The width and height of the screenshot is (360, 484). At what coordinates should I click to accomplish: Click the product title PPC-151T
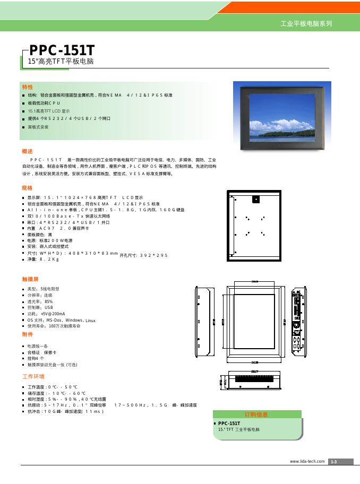(x=62, y=50)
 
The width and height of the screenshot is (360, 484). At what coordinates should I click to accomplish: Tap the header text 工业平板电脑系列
(x=305, y=24)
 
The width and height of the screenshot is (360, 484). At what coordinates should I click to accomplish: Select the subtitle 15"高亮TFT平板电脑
(x=61, y=62)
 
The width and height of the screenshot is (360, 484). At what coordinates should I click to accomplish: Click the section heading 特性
(x=27, y=87)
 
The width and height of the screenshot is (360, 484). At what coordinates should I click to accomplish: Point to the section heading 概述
(x=27, y=151)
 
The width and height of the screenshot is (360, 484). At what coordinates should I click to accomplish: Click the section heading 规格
(x=27, y=188)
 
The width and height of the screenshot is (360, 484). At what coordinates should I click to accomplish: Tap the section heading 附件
(x=27, y=335)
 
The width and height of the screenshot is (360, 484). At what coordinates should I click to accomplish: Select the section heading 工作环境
(x=32, y=376)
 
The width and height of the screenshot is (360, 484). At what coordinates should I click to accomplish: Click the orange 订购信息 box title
(x=256, y=414)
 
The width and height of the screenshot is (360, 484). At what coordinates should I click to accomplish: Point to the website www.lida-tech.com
(x=307, y=461)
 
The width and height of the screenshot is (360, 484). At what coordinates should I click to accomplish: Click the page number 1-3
(x=334, y=462)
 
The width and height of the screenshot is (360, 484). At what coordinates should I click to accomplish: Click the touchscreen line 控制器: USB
(x=40, y=307)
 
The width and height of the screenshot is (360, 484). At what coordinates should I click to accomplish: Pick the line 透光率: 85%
(x=40, y=301)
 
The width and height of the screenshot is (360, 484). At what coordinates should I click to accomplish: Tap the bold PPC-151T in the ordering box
(x=229, y=423)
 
